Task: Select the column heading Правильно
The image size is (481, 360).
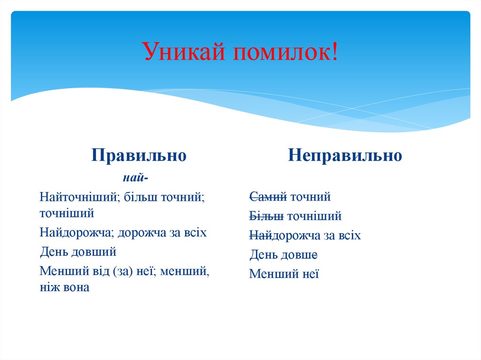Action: point(139,155)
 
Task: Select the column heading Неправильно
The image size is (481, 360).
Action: point(345,155)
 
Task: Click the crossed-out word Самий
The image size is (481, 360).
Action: point(268,197)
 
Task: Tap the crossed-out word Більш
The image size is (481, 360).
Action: point(266,216)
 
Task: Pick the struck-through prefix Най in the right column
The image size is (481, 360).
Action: point(260,236)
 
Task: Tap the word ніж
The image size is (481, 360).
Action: point(49,287)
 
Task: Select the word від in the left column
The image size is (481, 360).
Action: point(101,271)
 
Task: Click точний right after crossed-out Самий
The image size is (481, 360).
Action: point(310,197)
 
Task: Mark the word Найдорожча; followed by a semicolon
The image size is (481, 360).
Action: point(78,232)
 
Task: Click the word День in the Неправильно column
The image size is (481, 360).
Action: point(264,255)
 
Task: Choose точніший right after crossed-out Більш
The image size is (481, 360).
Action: point(314,216)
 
